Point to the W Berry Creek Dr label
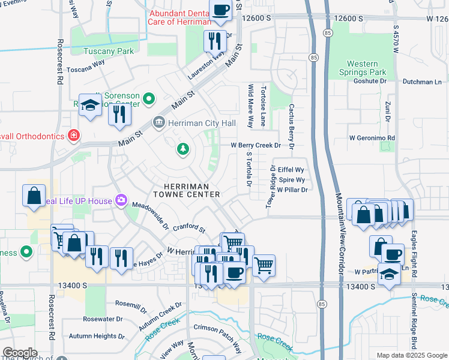pyautogui.click(x=256, y=145)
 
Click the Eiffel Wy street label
pyautogui.click(x=291, y=170)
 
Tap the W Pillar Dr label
pyautogui.click(x=292, y=190)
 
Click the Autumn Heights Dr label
pyautogui.click(x=97, y=337)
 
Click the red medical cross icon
pyautogui.click(x=73, y=136)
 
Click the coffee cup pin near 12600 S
pyautogui.click(x=220, y=10)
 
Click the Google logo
pyautogui.click(x=20, y=353)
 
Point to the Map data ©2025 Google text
pyautogui.click(x=412, y=355)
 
